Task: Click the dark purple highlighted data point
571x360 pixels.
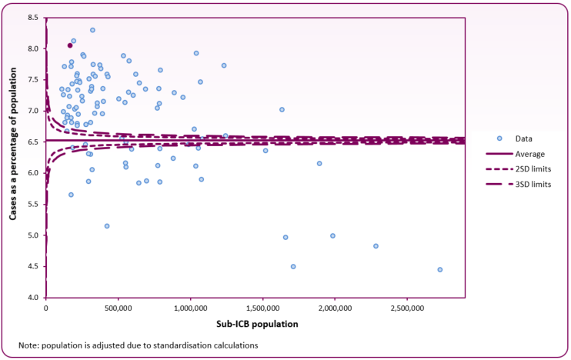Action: pos(70,45)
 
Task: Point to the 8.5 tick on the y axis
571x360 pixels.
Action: pos(35,17)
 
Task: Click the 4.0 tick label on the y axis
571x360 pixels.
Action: pos(35,298)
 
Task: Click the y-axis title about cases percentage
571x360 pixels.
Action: pos(14,157)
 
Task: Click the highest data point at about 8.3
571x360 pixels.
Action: pos(92,30)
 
